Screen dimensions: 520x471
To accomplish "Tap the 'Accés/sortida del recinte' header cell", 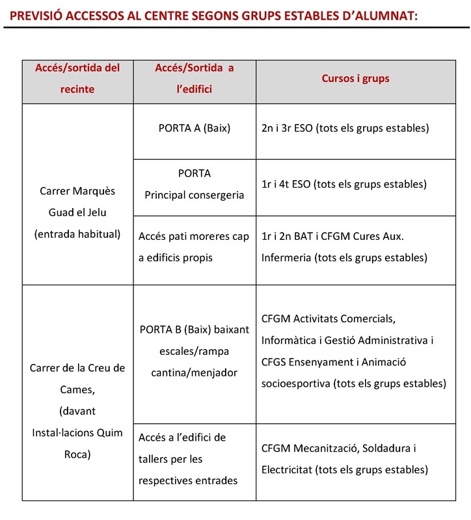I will pyautogui.click(x=77, y=79).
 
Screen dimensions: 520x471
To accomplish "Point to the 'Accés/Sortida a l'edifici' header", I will pyautogui.click(x=195, y=79).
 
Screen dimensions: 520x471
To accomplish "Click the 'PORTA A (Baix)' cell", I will pyautogui.click(x=195, y=128).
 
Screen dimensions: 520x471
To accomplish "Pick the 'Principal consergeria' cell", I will pyautogui.click(x=195, y=195).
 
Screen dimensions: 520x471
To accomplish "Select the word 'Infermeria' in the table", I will pyautogui.click(x=286, y=258).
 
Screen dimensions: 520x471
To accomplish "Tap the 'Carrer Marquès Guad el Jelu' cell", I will pyautogui.click(x=77, y=201).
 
